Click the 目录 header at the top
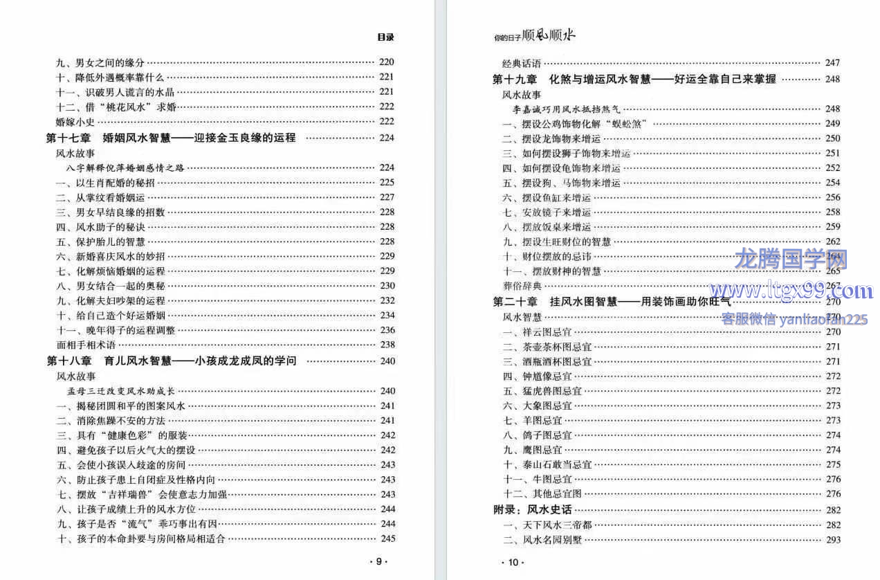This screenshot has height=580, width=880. tap(386, 37)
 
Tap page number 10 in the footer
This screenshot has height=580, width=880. tap(513, 562)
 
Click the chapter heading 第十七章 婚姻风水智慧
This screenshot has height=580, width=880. tap(170, 138)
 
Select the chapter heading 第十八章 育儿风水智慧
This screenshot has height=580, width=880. tap(171, 361)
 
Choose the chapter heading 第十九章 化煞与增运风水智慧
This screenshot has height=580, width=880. tap(634, 79)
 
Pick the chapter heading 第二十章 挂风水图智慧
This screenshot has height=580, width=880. tap(612, 301)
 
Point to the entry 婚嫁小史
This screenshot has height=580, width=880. tap(75, 122)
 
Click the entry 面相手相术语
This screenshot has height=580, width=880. tap(86, 345)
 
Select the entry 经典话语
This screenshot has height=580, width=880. tap(522, 63)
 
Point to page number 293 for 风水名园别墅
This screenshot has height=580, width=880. tap(833, 540)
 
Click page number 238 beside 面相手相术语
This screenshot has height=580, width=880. tap(387, 345)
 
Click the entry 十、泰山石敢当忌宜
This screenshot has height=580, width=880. tap(547, 464)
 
